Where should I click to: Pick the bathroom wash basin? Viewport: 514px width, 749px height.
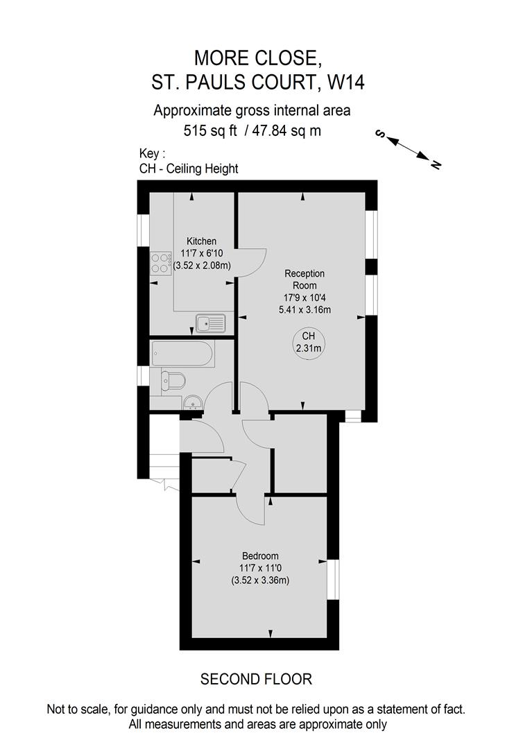[x=192, y=402]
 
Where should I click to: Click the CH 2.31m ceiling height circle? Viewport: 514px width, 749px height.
[x=308, y=343]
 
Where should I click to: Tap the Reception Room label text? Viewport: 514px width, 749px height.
[x=305, y=279]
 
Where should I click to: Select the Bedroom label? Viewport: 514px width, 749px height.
[x=260, y=556]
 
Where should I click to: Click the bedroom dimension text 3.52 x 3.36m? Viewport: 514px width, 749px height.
[x=260, y=580]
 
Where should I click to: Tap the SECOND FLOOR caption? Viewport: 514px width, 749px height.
[x=257, y=679]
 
